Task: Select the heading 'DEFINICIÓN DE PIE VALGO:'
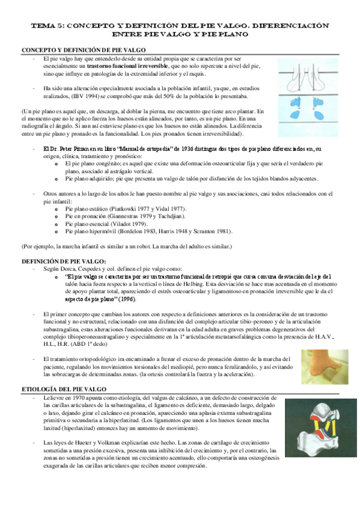[63, 244]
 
